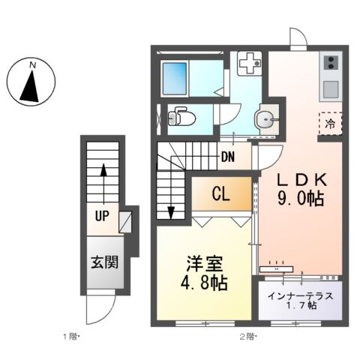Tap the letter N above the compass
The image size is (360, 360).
(32, 65)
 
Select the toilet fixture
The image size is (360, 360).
(180, 118)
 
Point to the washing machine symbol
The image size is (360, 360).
(247, 64)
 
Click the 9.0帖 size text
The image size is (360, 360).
(300, 200)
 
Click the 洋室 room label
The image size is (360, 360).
(205, 267)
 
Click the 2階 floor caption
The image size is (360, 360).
(248, 336)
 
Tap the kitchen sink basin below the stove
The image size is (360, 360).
(331, 88)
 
